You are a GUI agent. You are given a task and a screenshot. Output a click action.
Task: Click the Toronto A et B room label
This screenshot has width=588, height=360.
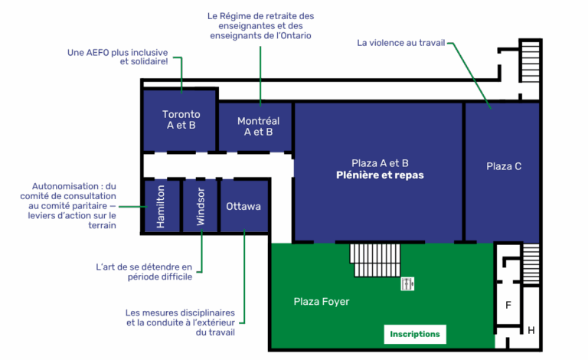(181, 119)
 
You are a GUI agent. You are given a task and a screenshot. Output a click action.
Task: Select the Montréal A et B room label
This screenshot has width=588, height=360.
(258, 126)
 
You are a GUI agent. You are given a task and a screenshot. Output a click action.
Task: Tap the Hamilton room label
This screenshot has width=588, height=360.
(161, 207)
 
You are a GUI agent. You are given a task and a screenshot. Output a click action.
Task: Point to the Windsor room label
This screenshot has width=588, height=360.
(201, 206)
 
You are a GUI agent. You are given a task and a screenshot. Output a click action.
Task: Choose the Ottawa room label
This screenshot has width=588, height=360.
(243, 207)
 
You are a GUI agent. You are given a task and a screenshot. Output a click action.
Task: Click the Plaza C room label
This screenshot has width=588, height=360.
(504, 166)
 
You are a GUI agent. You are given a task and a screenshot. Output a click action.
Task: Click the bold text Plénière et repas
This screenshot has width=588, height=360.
(380, 175)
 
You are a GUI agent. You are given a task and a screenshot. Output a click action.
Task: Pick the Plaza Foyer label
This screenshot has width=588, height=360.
(322, 302)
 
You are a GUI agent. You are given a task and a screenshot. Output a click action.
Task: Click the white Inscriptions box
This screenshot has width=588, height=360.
(415, 334)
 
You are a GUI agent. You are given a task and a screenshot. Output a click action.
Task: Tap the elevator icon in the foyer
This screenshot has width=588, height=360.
(408, 284)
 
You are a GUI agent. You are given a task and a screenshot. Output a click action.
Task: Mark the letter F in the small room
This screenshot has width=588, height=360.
(508, 305)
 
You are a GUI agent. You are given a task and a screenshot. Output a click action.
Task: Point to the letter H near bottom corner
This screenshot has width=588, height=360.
(531, 331)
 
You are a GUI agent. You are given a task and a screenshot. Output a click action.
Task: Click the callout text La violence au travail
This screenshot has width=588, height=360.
(400, 42)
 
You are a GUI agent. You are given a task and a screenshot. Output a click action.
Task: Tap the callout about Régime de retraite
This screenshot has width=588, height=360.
(260, 26)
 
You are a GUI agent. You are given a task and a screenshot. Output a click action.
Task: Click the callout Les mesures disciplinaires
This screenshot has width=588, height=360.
(181, 322)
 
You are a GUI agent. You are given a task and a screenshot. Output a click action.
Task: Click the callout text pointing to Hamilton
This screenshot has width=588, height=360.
(74, 206)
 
